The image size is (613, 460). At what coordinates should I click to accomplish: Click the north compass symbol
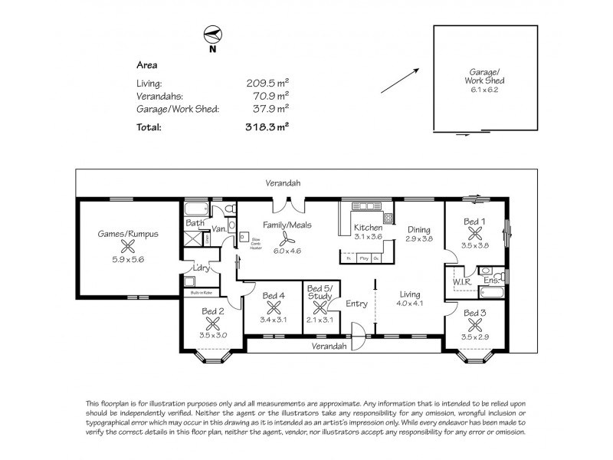[x=211, y=35]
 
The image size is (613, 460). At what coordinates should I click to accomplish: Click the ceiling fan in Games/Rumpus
[x=128, y=246]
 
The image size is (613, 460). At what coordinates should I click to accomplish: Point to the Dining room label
[x=418, y=229]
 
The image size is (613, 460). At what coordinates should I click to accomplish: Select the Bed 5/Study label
[x=320, y=292]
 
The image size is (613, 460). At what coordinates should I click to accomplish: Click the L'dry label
[x=202, y=268]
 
